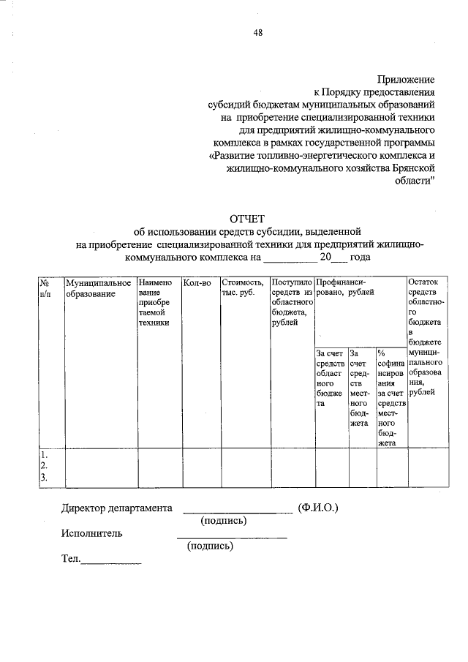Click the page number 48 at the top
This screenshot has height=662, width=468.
tap(258, 32)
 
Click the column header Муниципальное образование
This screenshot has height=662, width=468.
tap(98, 287)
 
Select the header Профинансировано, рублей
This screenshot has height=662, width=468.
tap(345, 287)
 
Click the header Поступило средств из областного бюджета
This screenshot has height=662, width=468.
tap(292, 303)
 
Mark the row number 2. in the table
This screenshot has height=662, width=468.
tap(45, 466)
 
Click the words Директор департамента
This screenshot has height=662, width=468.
tap(117, 508)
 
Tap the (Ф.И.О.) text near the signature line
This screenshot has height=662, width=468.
tap(318, 508)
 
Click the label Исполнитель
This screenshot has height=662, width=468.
tap(92, 533)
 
